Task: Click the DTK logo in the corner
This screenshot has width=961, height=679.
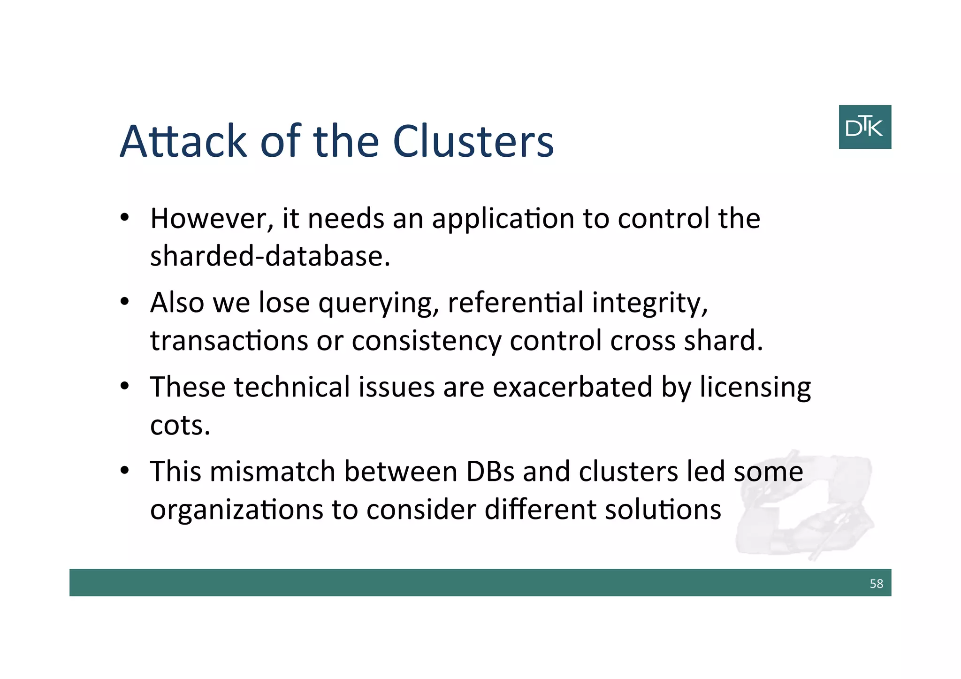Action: [864, 127]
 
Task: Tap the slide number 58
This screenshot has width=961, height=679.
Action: [876, 583]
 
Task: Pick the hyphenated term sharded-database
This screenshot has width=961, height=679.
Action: [270, 256]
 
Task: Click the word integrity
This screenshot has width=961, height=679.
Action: [649, 304]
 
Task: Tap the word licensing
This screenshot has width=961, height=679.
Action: [755, 388]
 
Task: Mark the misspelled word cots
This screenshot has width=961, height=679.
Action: [180, 425]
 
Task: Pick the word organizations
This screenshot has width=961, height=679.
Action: [236, 510]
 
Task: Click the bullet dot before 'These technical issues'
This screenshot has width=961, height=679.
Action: [124, 387]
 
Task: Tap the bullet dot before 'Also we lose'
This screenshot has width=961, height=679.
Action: [124, 302]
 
